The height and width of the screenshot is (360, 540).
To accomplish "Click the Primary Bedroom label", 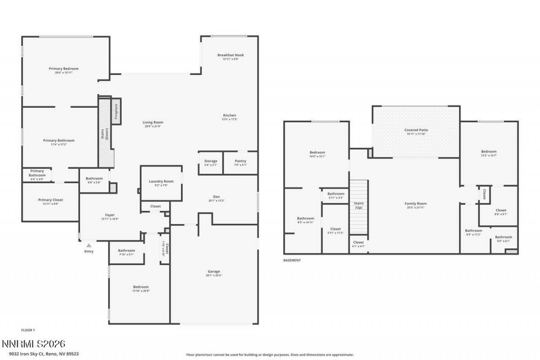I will click(64, 68).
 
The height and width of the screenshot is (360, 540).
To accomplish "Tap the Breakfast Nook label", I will click(230, 55).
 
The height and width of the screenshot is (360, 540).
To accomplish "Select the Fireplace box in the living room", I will click(116, 111).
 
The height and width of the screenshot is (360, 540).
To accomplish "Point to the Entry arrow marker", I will click(89, 245).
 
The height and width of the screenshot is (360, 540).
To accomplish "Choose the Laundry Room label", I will click(161, 181).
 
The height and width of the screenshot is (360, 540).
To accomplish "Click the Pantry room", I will click(240, 162).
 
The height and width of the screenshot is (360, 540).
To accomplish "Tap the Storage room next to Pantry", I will click(211, 162).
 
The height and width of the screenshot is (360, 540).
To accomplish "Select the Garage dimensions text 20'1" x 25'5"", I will click(214, 276).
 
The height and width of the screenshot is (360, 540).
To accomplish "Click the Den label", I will click(216, 196).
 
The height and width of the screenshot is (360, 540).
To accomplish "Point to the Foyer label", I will click(110, 215).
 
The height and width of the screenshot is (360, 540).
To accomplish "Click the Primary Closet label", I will click(51, 200).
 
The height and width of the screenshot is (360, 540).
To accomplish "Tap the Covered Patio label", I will click(416, 130).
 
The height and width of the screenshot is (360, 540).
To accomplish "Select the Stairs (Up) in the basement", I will click(359, 206).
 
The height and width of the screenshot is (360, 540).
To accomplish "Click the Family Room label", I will click(416, 203).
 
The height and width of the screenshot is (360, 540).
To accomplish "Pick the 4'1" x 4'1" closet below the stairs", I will click(358, 244).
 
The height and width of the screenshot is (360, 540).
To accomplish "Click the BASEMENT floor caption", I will click(292, 260).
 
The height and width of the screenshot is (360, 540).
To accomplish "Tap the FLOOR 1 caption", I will click(28, 330).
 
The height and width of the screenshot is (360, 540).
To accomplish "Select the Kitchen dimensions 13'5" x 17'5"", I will click(230, 119).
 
